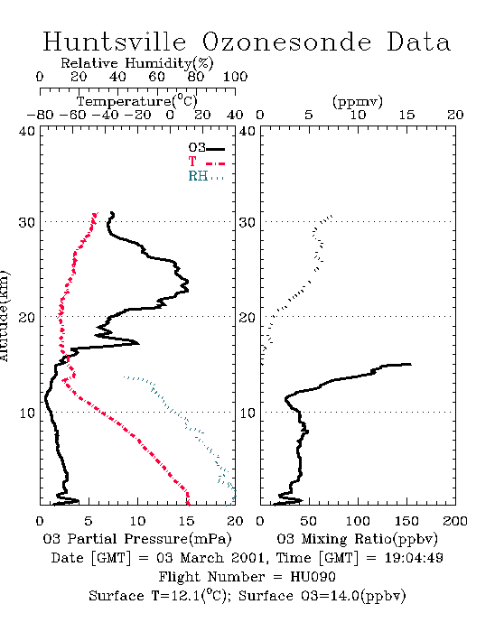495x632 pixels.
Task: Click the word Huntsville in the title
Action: (x=115, y=42)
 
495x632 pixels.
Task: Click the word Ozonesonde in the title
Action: (x=286, y=42)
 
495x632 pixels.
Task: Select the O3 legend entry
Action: (x=206, y=148)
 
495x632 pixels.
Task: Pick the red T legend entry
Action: (x=206, y=162)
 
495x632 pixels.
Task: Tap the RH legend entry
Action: (x=206, y=176)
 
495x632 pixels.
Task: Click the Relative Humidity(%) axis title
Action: (x=137, y=63)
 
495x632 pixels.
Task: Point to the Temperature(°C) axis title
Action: (x=137, y=101)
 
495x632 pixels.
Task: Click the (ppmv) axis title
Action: (x=358, y=101)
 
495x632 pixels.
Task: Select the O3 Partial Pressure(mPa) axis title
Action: (x=137, y=539)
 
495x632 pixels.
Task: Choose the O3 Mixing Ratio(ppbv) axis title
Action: (x=357, y=539)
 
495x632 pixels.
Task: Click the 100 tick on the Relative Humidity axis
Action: (x=236, y=77)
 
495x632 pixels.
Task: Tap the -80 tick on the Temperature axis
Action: (x=40, y=116)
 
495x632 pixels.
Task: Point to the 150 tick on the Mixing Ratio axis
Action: (x=406, y=521)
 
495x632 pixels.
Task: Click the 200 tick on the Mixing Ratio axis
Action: (x=455, y=521)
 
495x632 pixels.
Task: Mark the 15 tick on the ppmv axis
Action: (x=406, y=116)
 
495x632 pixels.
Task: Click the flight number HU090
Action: (x=313, y=577)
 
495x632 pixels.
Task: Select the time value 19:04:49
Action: (x=414, y=558)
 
